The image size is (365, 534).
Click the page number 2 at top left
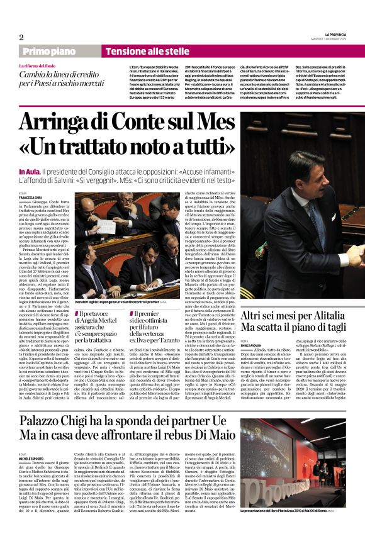21,36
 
